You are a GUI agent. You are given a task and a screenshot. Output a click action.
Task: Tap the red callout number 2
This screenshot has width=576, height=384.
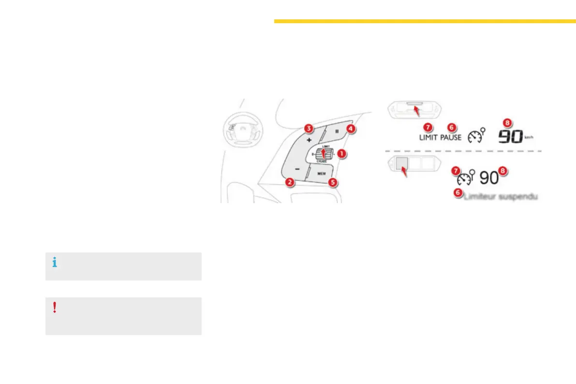(289, 182)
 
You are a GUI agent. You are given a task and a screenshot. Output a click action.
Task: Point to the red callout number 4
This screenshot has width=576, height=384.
(351, 129)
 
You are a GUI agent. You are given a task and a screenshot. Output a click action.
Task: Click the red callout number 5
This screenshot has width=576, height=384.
(332, 182)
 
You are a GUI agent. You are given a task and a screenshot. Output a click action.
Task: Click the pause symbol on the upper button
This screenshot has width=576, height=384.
(337, 131)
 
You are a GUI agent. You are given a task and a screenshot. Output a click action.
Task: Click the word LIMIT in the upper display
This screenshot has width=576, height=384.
(428, 137)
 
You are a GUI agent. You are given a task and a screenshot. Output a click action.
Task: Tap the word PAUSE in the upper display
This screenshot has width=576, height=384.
(451, 137)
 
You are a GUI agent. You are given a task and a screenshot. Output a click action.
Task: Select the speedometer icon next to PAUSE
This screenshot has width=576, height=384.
(476, 136)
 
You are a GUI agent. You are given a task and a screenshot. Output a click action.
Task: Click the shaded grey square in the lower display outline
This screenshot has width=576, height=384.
(402, 164)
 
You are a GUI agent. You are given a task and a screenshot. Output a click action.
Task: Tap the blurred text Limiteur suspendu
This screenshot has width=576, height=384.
(501, 196)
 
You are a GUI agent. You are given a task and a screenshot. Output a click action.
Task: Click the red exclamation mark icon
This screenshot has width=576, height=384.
(55, 308)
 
